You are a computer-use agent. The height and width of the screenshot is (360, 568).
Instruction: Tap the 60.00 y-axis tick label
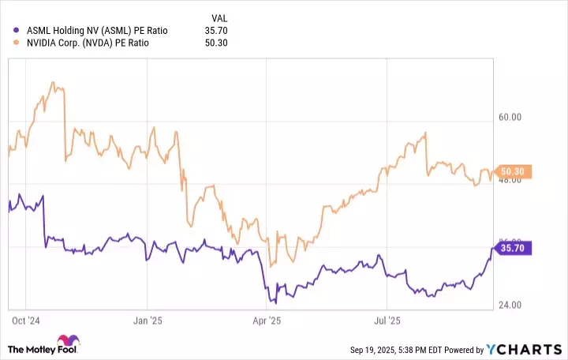pyautogui.click(x=510, y=118)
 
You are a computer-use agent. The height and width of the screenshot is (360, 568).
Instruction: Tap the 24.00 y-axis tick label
pyautogui.click(x=510, y=306)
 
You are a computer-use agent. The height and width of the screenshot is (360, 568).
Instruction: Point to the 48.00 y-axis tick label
pyautogui.click(x=510, y=181)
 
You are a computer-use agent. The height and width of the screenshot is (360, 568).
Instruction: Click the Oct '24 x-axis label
pyautogui.click(x=26, y=322)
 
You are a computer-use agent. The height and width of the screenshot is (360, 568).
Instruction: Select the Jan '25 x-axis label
pyautogui.click(x=148, y=322)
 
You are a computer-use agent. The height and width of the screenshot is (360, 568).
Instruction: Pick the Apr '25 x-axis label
pyautogui.click(x=266, y=322)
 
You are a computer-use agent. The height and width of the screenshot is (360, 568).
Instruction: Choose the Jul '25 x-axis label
pyautogui.click(x=387, y=322)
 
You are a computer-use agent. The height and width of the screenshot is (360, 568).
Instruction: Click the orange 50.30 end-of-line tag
pyautogui.click(x=517, y=171)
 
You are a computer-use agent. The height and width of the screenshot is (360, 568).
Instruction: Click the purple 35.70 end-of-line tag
pyautogui.click(x=517, y=248)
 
